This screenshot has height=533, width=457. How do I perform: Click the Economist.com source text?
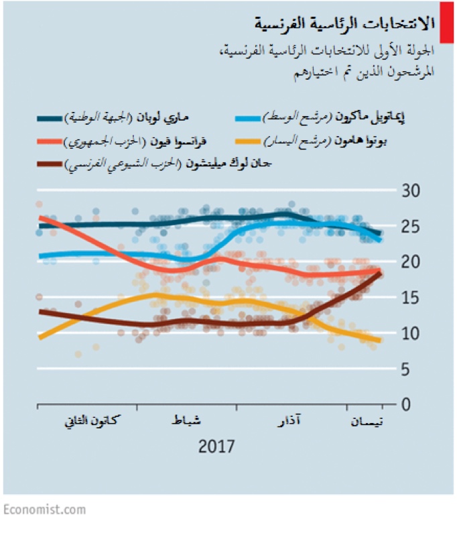click(x=44, y=509)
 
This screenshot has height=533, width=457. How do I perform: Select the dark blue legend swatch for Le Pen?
click(x=49, y=119)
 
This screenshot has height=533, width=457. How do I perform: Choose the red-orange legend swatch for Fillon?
click(x=49, y=141)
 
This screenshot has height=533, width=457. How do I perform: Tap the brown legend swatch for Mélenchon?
click(x=49, y=164)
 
